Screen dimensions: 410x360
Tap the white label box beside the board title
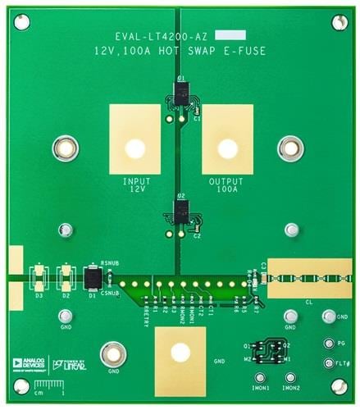[237, 35]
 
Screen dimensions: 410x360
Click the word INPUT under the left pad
[135, 180]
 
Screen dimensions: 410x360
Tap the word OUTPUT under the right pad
[227, 180]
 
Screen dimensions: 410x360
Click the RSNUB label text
[110, 263]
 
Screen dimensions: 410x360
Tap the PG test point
[329, 344]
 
